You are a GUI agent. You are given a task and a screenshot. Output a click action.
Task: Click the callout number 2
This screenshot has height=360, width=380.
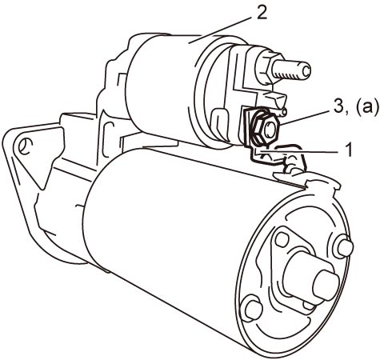coord(262,13)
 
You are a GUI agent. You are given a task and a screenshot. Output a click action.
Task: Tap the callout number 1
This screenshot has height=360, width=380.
coord(347,150)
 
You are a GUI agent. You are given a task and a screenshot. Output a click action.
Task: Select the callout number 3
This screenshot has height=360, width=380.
coord(338,107)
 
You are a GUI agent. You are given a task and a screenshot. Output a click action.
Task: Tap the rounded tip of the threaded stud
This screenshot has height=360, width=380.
coord(306,70)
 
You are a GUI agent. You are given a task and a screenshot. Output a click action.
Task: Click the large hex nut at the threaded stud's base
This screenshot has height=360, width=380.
coord(265,69)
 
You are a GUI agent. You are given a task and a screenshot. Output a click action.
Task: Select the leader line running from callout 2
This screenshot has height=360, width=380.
coord(221,30)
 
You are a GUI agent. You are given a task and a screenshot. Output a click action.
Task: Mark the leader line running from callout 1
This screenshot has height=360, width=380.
coord(298,151)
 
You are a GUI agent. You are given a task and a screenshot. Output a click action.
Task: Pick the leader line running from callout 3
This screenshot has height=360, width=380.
coord(305,117)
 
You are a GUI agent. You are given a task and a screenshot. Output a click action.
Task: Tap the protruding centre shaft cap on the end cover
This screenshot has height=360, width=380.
coord(326,285)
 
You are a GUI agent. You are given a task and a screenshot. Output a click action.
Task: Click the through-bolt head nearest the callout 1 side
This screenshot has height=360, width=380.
coord(346,247)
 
